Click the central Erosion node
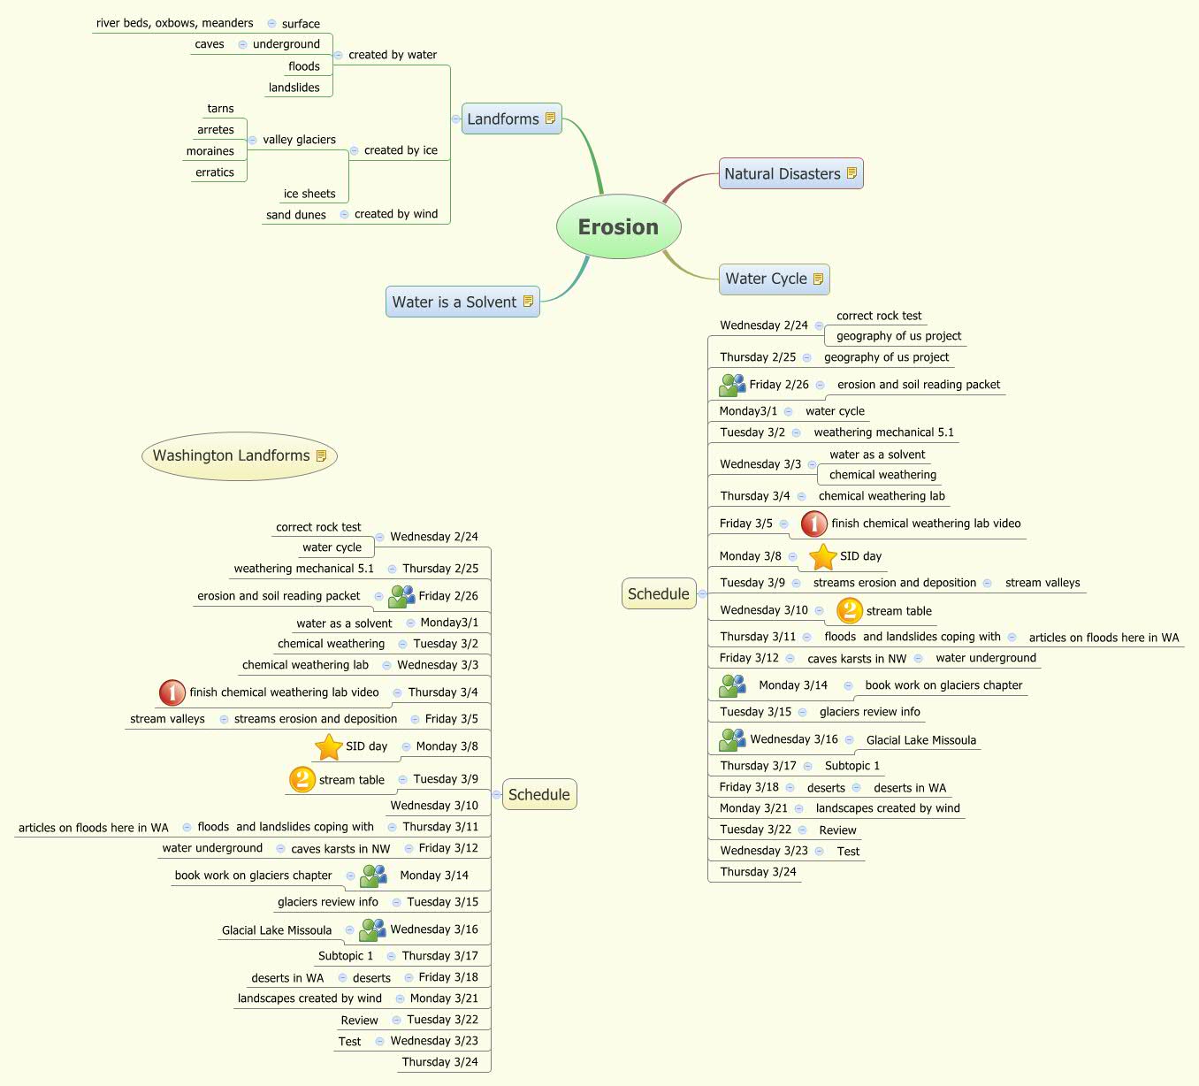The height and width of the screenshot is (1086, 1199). (618, 227)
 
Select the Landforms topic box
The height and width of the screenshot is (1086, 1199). (503, 119)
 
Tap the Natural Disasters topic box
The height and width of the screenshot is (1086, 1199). (783, 174)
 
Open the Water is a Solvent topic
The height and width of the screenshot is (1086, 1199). (454, 302)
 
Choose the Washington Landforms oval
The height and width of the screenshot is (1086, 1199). (232, 455)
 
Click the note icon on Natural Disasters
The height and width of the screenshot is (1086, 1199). (852, 173)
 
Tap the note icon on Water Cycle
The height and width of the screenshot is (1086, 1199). (818, 279)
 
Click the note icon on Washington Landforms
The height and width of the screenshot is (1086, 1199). (321, 455)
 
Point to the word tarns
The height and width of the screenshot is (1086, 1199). (220, 109)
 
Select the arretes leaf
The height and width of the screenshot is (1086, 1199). (216, 130)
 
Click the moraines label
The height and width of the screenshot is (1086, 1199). (210, 151)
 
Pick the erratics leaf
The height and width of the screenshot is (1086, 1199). (215, 172)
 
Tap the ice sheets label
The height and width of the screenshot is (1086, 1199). (309, 194)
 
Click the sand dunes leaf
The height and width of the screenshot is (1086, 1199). (296, 215)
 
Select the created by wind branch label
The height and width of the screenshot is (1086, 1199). (396, 214)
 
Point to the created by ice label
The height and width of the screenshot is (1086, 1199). (401, 150)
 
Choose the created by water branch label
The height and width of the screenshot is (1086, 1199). (393, 55)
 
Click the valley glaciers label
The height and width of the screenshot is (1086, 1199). (299, 140)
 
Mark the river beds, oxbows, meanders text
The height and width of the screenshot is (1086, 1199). (175, 24)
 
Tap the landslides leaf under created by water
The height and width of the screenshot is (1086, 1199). (294, 88)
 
